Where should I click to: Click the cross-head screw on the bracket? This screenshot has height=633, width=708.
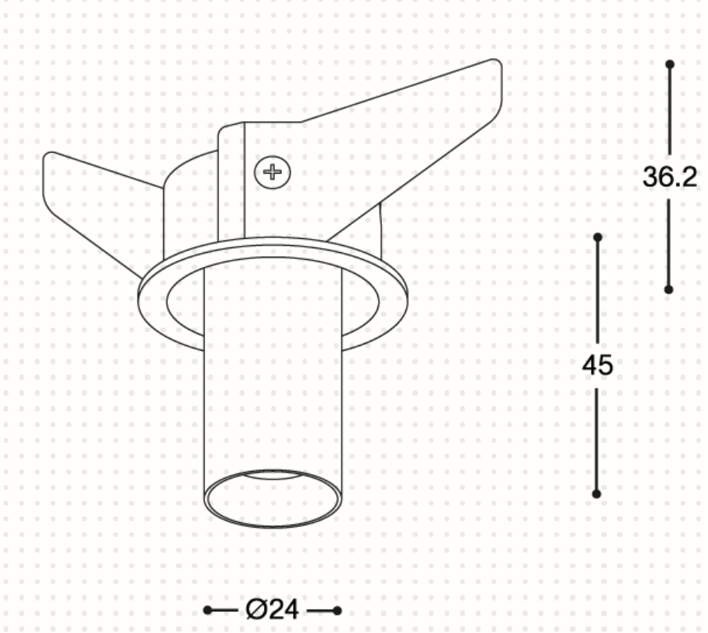272,172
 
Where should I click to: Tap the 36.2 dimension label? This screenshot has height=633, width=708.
670,177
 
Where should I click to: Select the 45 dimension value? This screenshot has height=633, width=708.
598,365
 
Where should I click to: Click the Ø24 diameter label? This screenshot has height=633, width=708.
272,610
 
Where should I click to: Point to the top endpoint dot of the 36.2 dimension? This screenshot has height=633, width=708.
670,64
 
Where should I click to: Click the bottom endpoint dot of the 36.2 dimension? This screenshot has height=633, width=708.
668,289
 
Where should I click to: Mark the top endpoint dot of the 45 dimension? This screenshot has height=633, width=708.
598,237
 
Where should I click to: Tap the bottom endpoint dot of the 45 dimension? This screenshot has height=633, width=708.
596,494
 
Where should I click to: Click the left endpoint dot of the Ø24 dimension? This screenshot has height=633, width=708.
207,611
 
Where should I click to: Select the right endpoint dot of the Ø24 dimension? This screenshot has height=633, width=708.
337,611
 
